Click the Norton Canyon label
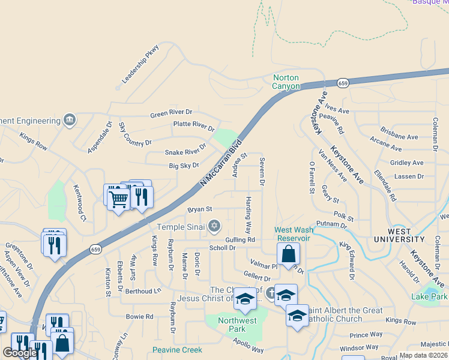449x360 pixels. pos(286,82)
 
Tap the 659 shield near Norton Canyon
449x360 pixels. pos(343,83)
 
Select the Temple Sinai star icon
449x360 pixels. pos(214,226)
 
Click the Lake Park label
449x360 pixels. pos(429,296)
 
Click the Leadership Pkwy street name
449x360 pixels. pos(140,64)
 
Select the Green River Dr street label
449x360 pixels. pos(171,112)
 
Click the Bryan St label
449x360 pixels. pos(200,209)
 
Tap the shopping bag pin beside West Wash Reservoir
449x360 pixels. pos(289,254)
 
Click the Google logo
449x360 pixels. pos(19,353)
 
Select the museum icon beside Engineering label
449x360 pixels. pos(70,120)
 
